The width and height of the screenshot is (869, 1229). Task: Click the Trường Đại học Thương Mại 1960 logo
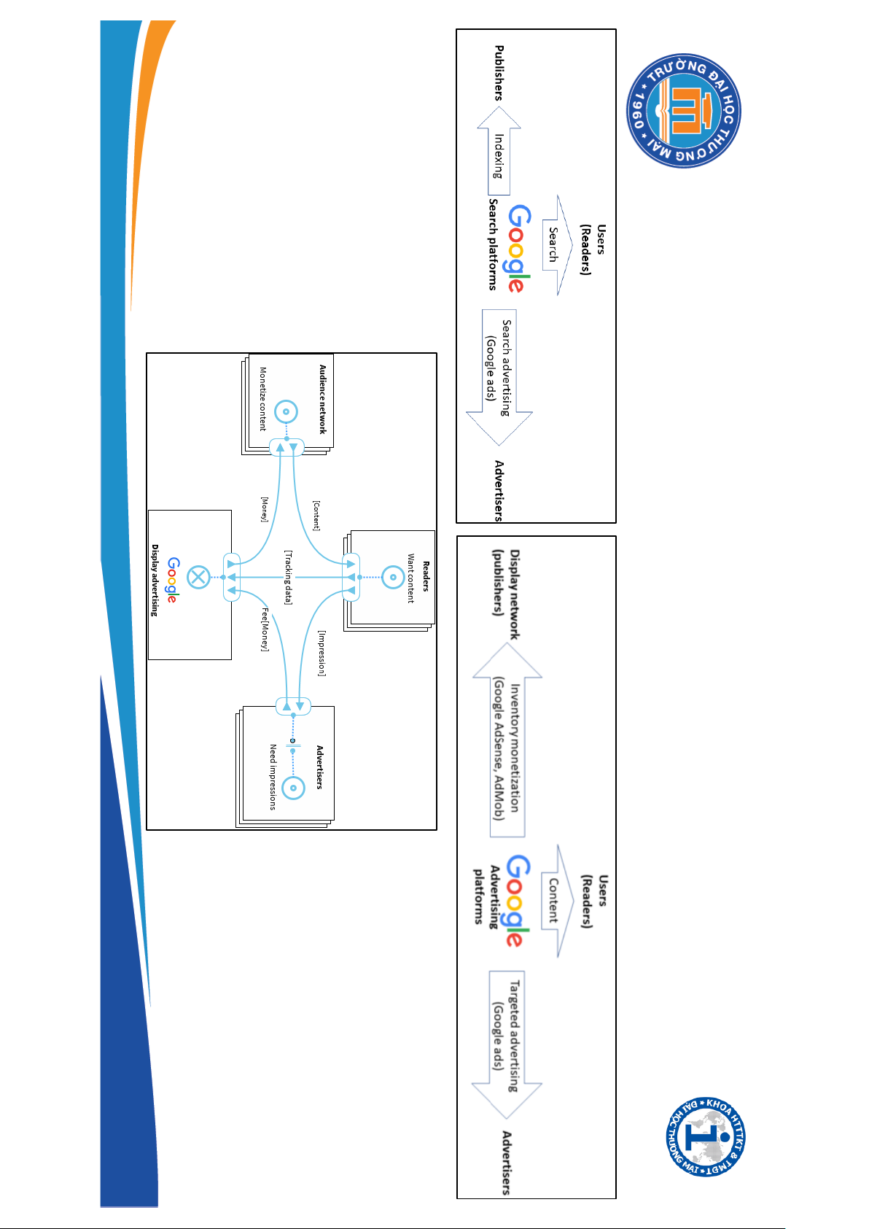click(x=683, y=111)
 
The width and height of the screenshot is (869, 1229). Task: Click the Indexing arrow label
click(x=499, y=155)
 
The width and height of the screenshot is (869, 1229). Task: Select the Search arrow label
click(x=553, y=245)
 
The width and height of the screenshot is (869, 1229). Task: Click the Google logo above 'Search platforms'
click(x=520, y=249)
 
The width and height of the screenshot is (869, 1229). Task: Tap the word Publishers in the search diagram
click(x=499, y=73)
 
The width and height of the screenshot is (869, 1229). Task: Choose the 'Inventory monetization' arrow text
click(x=507, y=747)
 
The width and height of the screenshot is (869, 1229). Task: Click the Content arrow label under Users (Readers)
click(x=553, y=901)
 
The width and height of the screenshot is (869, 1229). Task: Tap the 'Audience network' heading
click(x=322, y=399)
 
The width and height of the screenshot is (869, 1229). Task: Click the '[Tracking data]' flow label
click(x=288, y=578)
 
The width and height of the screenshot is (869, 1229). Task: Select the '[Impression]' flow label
click(x=322, y=654)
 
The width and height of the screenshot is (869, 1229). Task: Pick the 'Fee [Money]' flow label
click(x=265, y=629)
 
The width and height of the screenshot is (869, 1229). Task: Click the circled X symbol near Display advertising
click(x=198, y=578)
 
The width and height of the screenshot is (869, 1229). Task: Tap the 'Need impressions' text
click(x=273, y=777)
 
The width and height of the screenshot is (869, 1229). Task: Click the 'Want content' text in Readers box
click(x=410, y=578)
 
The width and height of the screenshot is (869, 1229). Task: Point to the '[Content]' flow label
click(x=316, y=515)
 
